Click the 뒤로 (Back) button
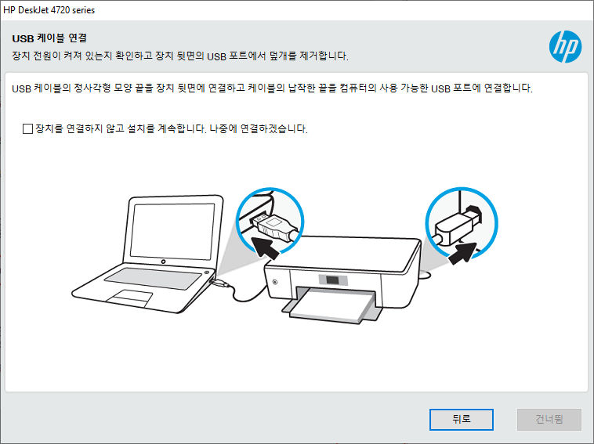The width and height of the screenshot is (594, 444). click(x=461, y=420)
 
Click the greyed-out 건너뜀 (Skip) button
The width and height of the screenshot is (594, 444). click(x=549, y=420)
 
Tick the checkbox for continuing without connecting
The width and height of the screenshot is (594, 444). click(x=27, y=128)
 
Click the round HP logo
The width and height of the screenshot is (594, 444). click(x=565, y=46)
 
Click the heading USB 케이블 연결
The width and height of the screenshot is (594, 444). click(x=49, y=38)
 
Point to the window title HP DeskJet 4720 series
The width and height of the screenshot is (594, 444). click(x=49, y=10)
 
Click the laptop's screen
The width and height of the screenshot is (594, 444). click(x=172, y=231)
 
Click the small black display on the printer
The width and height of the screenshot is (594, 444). click(x=332, y=280)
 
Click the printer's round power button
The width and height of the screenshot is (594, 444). click(x=274, y=282)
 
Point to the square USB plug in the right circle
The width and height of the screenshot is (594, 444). click(x=458, y=226)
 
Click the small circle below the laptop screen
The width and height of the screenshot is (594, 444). click(x=163, y=262)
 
